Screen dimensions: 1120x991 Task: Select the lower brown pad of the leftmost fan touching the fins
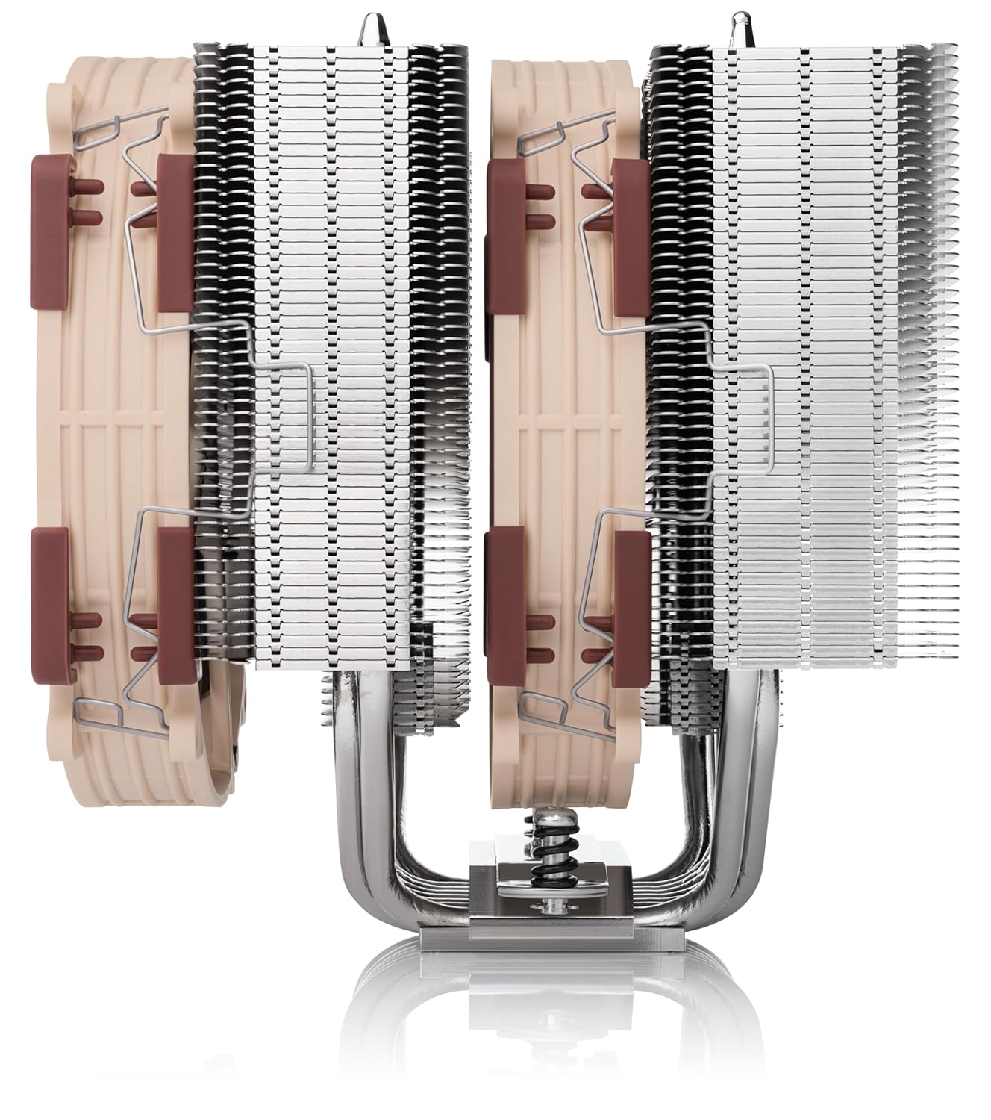174,590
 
